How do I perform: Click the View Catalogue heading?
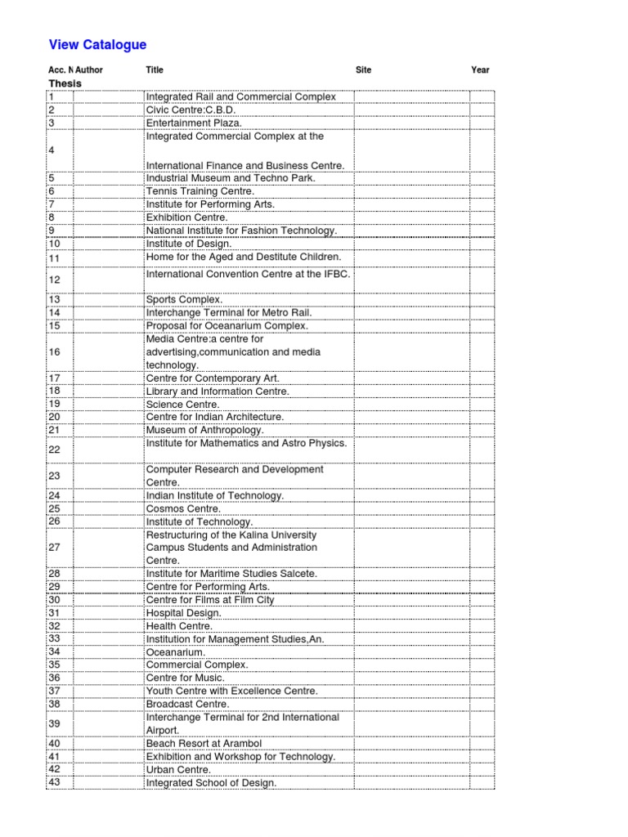coord(97,45)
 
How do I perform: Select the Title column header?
coord(155,70)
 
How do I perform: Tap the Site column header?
coord(363,70)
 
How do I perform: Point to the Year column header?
coord(480,70)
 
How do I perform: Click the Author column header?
coord(89,70)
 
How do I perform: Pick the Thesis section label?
coord(65,83)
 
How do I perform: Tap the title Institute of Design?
coord(189,243)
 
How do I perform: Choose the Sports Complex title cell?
coord(184,300)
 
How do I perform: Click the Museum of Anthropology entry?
coord(204,430)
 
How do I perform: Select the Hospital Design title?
coord(183,613)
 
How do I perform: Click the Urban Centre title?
coord(178,770)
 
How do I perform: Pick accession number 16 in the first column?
coord(55,351)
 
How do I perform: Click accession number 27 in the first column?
coord(55,547)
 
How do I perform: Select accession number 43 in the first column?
coord(55,783)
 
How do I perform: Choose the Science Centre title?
coord(182,404)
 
